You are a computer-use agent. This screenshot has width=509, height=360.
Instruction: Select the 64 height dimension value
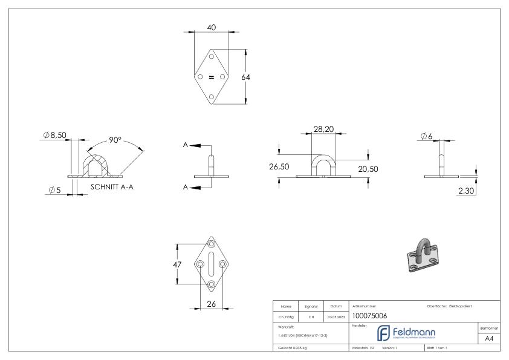coord(245,77)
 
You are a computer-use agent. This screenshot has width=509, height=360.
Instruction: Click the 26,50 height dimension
coord(279,167)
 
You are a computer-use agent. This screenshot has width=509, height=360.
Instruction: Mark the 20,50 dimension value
coord(367,169)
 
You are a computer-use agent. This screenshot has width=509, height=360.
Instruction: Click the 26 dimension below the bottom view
coord(212,304)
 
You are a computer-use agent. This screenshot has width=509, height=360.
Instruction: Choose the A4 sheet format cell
coord(489,339)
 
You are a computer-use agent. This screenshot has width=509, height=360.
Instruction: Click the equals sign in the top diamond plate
coord(212,77)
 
